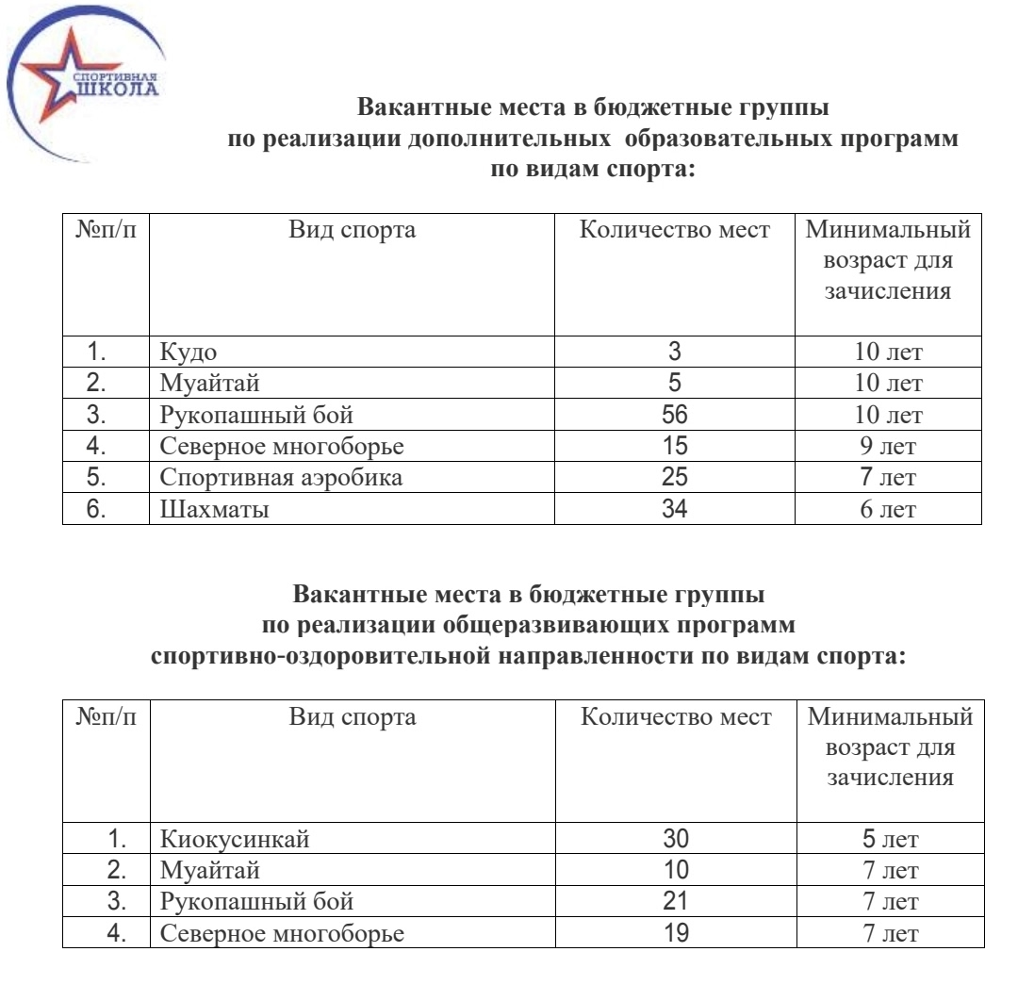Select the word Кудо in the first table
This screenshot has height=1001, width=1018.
pos(189,353)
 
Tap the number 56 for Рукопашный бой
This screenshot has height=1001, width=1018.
pos(674,416)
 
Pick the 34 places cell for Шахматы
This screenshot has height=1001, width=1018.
pos(674,510)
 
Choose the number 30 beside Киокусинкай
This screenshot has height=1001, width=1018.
pos(676,839)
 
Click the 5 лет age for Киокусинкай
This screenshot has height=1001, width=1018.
pos(890,839)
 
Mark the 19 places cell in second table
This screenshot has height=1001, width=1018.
pos(676,934)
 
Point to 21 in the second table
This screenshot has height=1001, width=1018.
pos(676,902)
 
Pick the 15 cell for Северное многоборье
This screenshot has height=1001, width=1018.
pos(674,447)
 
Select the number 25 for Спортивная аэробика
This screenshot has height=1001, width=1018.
pos(674,478)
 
